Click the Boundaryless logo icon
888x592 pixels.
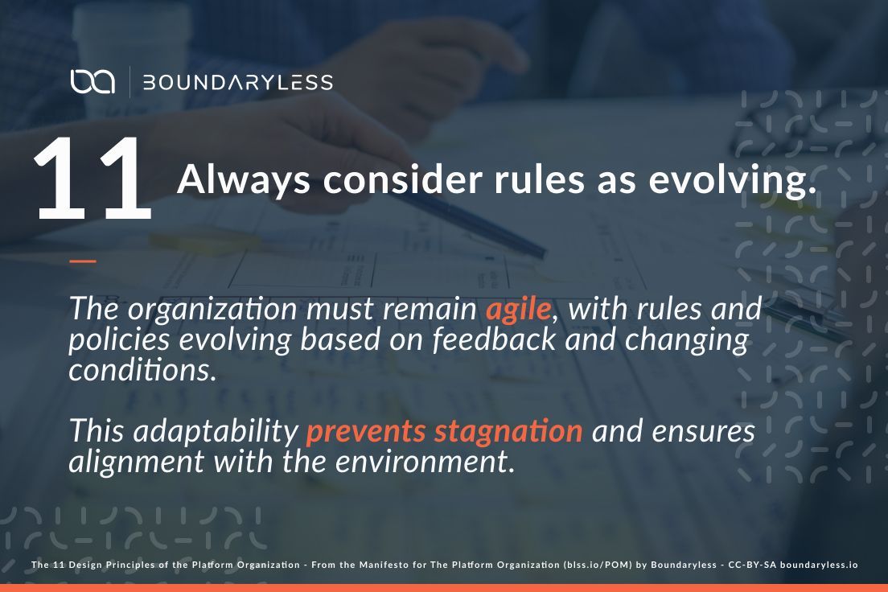point(92,81)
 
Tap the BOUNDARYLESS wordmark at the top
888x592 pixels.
point(237,82)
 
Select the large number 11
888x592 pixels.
point(92,179)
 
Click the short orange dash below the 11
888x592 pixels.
point(82,261)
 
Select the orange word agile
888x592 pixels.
point(519,309)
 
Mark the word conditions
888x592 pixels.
point(142,370)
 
